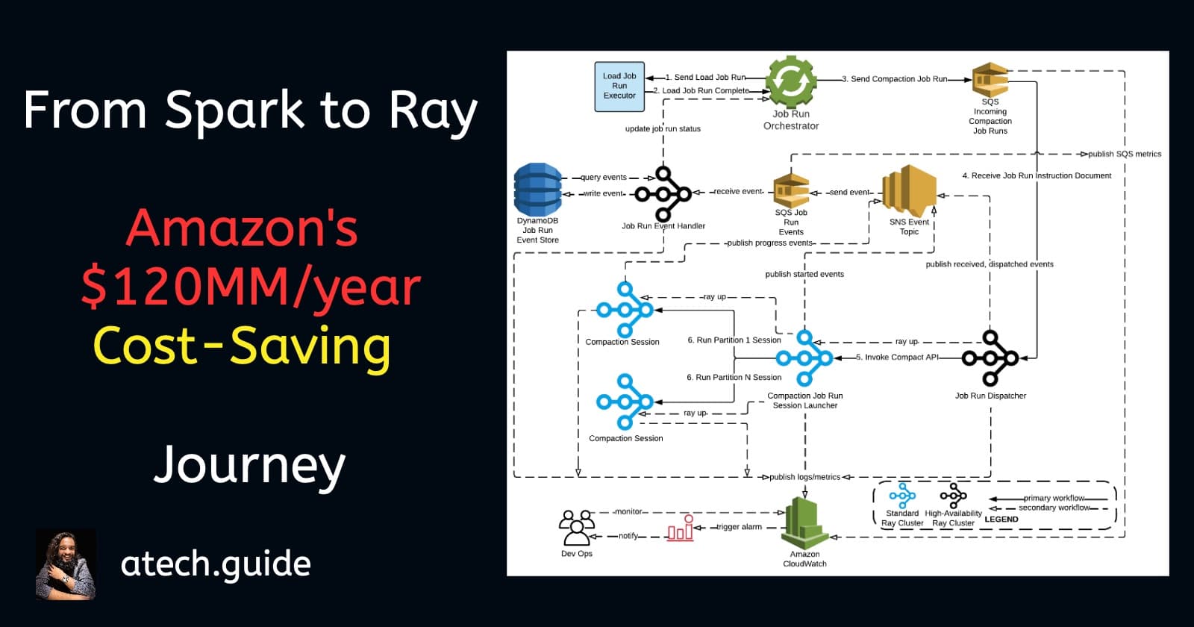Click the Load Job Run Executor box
619,87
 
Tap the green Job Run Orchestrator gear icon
791,81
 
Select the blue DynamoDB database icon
537,190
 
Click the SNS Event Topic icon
909,191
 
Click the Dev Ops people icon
576,528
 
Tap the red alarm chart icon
681,528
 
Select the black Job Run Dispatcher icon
990,358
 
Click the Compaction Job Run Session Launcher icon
804,358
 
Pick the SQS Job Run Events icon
791,191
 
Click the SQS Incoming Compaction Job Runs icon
990,79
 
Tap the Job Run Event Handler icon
663,194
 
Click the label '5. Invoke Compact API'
897,358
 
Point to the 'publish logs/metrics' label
804,477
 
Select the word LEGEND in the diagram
1001,520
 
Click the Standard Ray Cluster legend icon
902,496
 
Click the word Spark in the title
234,111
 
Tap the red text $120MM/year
251,287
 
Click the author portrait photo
66,565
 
